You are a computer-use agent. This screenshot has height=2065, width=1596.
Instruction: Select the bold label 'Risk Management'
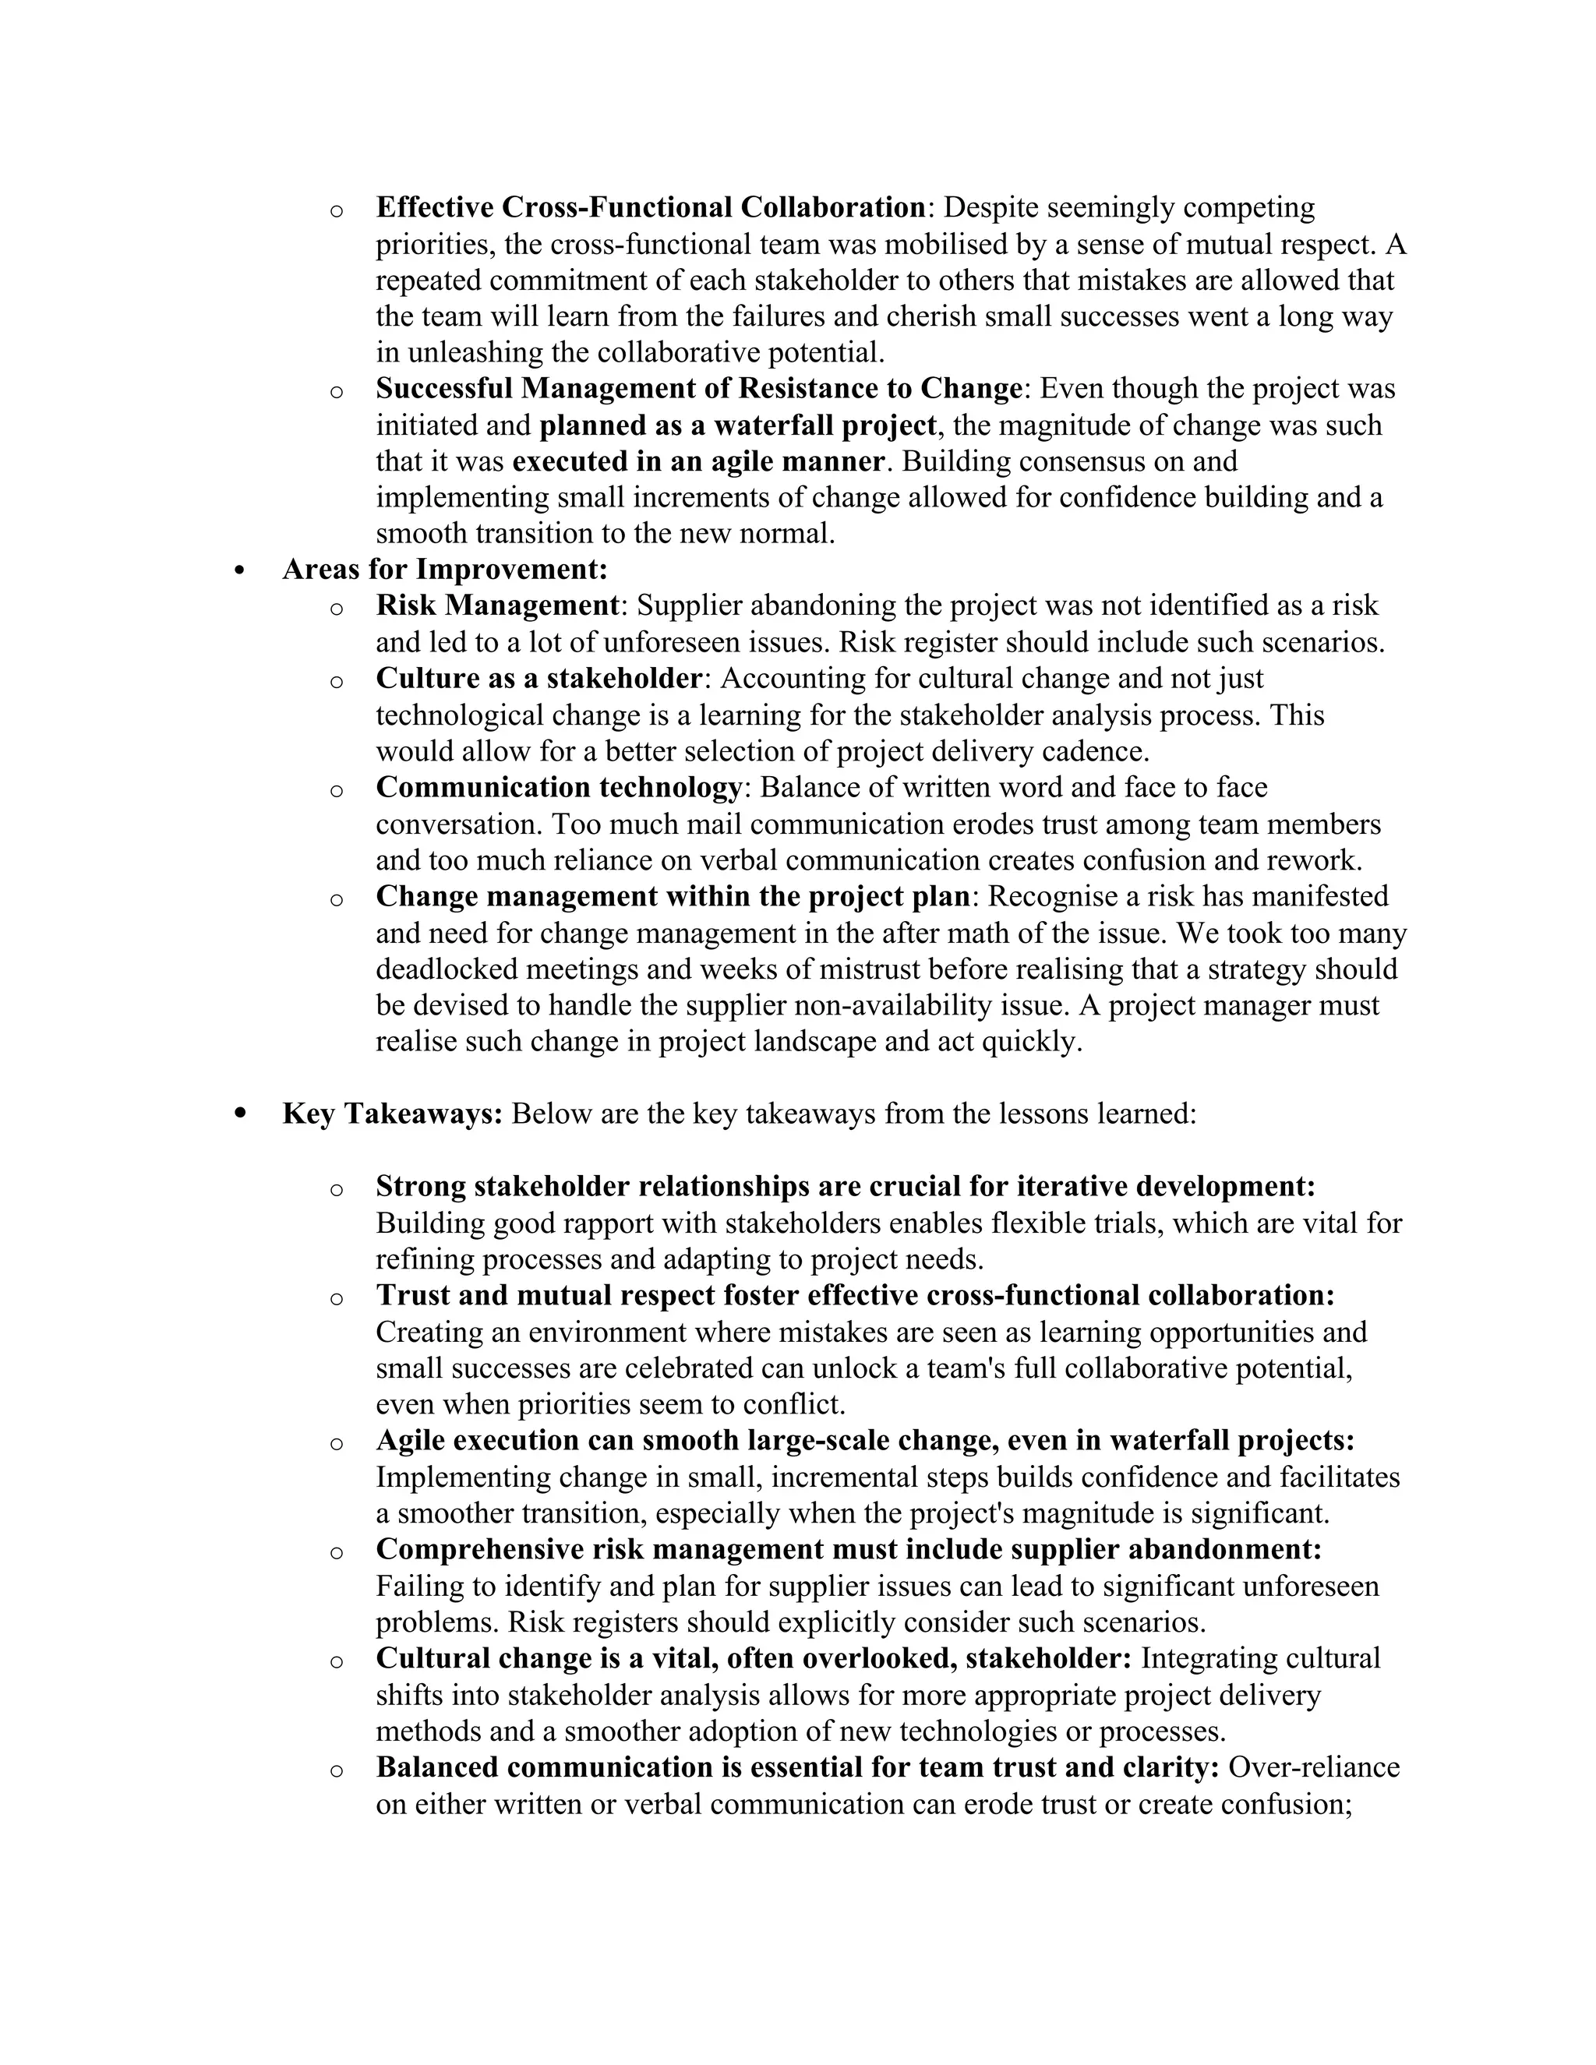coord(497,605)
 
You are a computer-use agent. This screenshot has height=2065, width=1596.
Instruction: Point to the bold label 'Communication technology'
coord(559,787)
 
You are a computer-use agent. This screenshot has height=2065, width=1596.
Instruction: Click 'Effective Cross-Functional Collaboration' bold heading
coord(651,207)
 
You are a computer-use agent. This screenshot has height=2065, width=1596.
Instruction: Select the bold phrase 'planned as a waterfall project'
coord(737,425)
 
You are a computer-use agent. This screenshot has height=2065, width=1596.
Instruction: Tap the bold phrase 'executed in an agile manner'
coord(699,461)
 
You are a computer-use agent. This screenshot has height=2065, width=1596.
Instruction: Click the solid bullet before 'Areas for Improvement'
coord(240,570)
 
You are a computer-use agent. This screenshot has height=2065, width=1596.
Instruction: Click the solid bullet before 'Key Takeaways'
coord(240,1114)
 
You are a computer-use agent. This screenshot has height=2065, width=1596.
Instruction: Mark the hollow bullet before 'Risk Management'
coord(336,608)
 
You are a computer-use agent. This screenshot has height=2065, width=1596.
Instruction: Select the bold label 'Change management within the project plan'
coord(673,896)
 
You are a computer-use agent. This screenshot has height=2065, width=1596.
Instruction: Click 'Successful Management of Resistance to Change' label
coord(700,389)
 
